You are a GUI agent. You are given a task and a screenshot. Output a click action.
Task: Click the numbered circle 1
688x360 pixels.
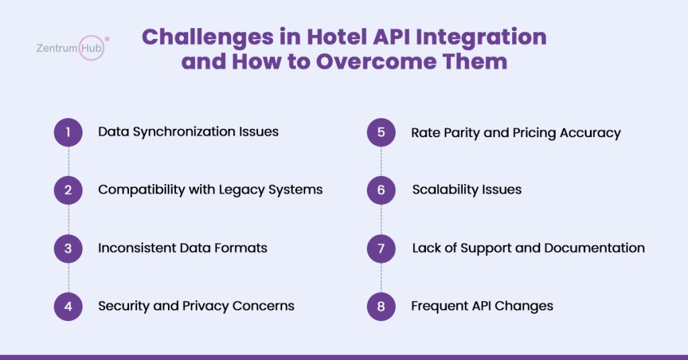pos(68,132)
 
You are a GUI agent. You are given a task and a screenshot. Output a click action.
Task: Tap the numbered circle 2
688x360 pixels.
pos(68,190)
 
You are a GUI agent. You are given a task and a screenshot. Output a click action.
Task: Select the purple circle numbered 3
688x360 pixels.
pos(68,248)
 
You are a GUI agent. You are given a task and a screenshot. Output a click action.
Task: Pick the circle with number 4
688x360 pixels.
pos(68,306)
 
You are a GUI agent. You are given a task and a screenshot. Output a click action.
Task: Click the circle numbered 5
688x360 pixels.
pos(381,132)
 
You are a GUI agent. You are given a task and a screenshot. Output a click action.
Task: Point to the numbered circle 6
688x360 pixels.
pos(381,190)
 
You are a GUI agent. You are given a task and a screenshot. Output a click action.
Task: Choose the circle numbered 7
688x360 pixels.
pos(381,248)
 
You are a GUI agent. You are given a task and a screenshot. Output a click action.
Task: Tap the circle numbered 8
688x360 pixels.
pos(381,306)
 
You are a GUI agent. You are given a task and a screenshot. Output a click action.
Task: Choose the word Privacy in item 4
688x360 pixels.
pos(206,306)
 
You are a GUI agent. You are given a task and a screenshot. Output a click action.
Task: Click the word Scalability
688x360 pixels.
pos(443,190)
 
